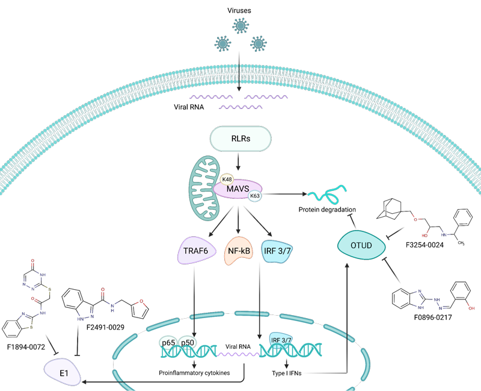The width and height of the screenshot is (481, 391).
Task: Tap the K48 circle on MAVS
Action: (x=227, y=180)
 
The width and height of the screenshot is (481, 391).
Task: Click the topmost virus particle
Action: (x=240, y=27)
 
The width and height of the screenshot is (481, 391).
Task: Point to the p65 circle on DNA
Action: (x=168, y=342)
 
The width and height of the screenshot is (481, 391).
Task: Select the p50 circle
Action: (x=188, y=342)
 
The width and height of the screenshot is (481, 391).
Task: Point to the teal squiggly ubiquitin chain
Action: (x=326, y=195)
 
